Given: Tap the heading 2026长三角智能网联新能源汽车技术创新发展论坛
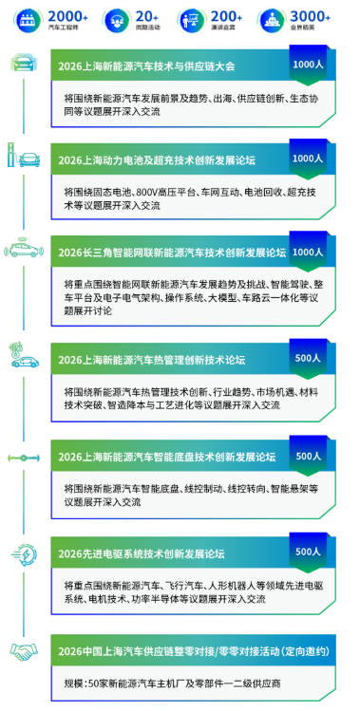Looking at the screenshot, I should (x=171, y=253).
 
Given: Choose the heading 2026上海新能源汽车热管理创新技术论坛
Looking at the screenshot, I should (x=151, y=360).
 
